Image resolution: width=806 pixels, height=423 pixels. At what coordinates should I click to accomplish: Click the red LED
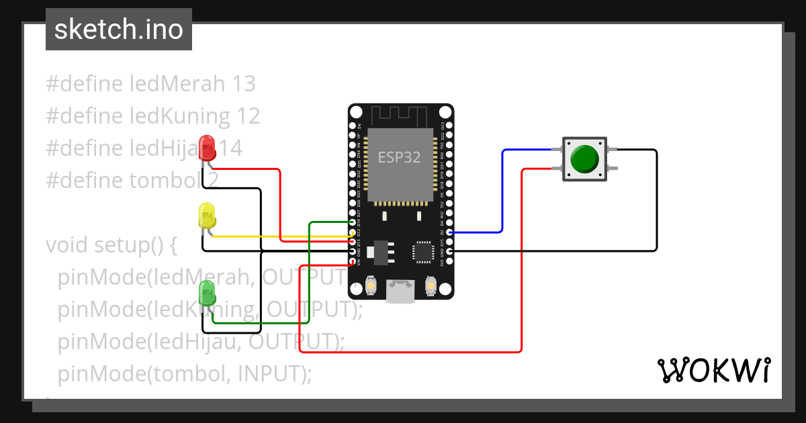click(x=208, y=146)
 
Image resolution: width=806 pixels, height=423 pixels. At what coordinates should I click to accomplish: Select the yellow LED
click(x=207, y=216)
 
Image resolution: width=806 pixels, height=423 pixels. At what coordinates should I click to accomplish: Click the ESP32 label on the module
click(x=399, y=158)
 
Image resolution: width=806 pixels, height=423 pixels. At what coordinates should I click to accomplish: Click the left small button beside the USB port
click(x=370, y=287)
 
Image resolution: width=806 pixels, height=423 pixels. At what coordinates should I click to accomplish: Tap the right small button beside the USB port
click(x=431, y=287)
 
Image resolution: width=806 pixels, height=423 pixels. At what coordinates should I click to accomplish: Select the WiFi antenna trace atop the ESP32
click(x=400, y=115)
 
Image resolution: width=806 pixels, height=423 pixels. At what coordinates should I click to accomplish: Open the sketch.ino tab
click(x=119, y=30)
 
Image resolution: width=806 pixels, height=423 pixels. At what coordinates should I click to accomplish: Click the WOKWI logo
click(x=713, y=370)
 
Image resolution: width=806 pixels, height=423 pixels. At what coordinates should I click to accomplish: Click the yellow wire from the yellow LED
click(x=282, y=237)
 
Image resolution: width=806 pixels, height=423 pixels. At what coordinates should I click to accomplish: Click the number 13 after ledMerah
click(x=243, y=84)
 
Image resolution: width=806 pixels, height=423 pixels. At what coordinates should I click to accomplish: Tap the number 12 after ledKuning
click(x=248, y=116)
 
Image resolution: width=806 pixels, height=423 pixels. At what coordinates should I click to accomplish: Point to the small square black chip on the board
click(x=424, y=252)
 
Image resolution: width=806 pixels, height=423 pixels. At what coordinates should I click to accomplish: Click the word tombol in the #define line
click(x=166, y=181)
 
